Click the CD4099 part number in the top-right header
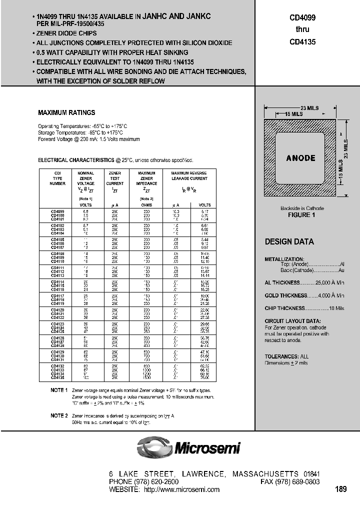tap(302, 17)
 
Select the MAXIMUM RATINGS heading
tap(66, 113)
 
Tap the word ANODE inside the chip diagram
tap(300, 158)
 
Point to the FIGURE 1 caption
tap(301, 214)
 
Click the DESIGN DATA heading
tap(289, 242)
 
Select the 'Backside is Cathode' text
tap(301, 208)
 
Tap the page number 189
tap(340, 489)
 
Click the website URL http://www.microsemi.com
tap(181, 489)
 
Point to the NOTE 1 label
tap(58, 389)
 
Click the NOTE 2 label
tap(58, 415)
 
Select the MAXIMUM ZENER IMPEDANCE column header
tap(146, 178)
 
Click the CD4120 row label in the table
tap(57, 309)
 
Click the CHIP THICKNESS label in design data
tap(284, 308)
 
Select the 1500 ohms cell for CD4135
tap(146, 378)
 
